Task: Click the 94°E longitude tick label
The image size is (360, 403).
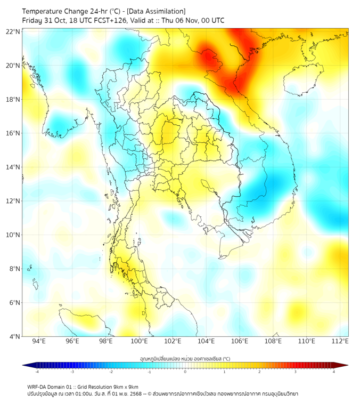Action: (x=39, y=341)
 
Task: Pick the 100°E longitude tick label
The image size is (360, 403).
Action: (x=139, y=341)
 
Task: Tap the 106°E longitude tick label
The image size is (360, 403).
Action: (x=240, y=341)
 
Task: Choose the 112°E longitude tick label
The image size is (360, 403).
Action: (x=340, y=341)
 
